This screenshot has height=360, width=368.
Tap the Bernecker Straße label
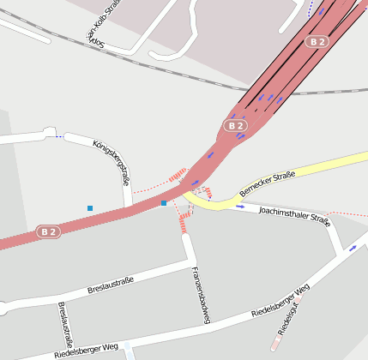click(x=267, y=183)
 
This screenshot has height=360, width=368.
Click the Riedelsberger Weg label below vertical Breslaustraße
click(x=85, y=349)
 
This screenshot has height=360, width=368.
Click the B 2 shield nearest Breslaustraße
click(x=48, y=231)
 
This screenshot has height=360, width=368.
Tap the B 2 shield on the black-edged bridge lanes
click(x=317, y=41)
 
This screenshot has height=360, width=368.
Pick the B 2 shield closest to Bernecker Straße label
click(x=234, y=126)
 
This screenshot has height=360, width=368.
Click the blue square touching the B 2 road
click(x=164, y=203)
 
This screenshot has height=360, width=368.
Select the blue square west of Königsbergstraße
click(x=89, y=207)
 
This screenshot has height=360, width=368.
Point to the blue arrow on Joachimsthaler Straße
click(x=240, y=207)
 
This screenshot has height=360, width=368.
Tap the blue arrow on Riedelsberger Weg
click(x=353, y=248)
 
